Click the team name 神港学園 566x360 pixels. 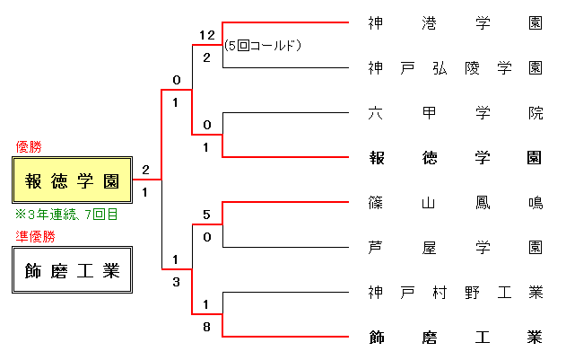[455, 23]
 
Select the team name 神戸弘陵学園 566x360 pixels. [455, 68]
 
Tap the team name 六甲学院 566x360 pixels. [455, 113]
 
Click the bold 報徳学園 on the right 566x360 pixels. [455, 158]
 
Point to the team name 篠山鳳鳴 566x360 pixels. [455, 203]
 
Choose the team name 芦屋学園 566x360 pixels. [455, 247]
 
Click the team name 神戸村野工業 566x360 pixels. [455, 292]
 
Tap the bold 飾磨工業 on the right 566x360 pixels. [455, 338]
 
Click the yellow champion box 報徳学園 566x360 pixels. [73, 180]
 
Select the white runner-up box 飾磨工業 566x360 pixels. [73, 270]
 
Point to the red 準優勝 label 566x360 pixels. [35, 236]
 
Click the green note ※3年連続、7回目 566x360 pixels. [66, 215]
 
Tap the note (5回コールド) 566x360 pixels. [263, 44]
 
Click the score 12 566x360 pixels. [207, 35]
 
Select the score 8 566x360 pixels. [206, 327]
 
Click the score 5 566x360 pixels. [206, 215]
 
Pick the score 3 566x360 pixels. [177, 282]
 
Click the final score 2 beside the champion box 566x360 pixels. [145, 169]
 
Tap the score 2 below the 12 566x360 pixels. [206, 57]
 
